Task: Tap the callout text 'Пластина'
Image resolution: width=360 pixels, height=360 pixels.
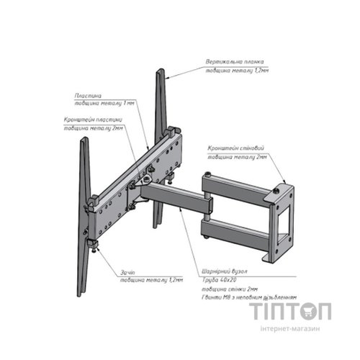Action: [87, 94]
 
